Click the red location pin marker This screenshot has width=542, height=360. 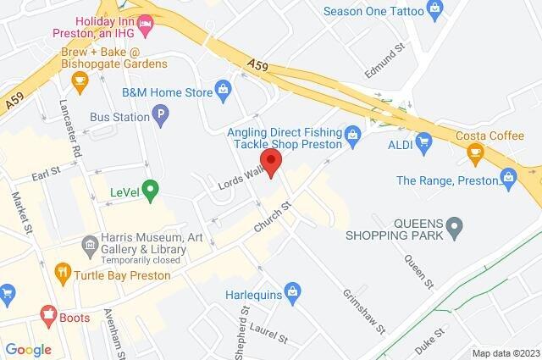click(271, 162)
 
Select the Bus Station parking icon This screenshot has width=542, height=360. click(158, 113)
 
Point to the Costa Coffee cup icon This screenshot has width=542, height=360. click(476, 152)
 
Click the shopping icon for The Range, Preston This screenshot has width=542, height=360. click(508, 177)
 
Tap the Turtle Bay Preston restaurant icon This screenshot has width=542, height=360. click(62, 273)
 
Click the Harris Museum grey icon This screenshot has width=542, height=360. click(90, 246)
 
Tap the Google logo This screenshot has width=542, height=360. click(28, 349)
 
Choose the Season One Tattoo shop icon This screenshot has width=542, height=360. click(436, 11)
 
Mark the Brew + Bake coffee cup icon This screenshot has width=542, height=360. click(80, 82)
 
